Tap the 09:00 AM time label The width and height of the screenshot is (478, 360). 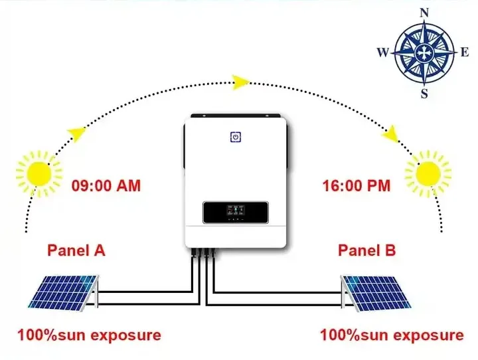pyautogui.click(x=106, y=185)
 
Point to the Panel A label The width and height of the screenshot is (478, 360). pyautogui.click(x=76, y=250)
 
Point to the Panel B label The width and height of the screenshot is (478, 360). pyautogui.click(x=367, y=250)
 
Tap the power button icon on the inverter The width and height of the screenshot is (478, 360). pyautogui.click(x=235, y=137)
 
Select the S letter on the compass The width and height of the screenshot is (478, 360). pyautogui.click(x=425, y=93)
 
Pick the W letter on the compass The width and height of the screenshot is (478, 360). pyautogui.click(x=382, y=52)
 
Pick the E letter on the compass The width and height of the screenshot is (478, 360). pyautogui.click(x=465, y=52)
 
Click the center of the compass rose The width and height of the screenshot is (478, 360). pyautogui.click(x=424, y=52)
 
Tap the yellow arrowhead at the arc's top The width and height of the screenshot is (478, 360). pyautogui.click(x=240, y=82)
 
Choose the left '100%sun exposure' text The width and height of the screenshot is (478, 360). pyautogui.click(x=89, y=335)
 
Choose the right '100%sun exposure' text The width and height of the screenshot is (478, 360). pyautogui.click(x=392, y=335)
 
